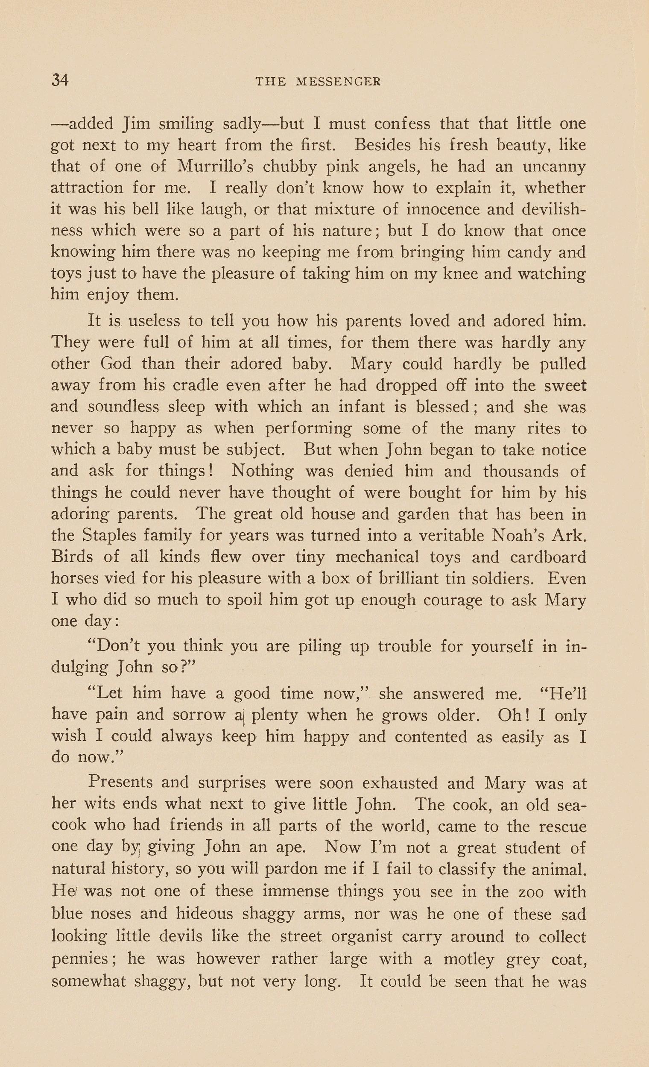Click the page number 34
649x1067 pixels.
pos(60,81)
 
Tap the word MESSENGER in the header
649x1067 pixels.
pos(338,82)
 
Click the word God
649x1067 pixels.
pos(116,363)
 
